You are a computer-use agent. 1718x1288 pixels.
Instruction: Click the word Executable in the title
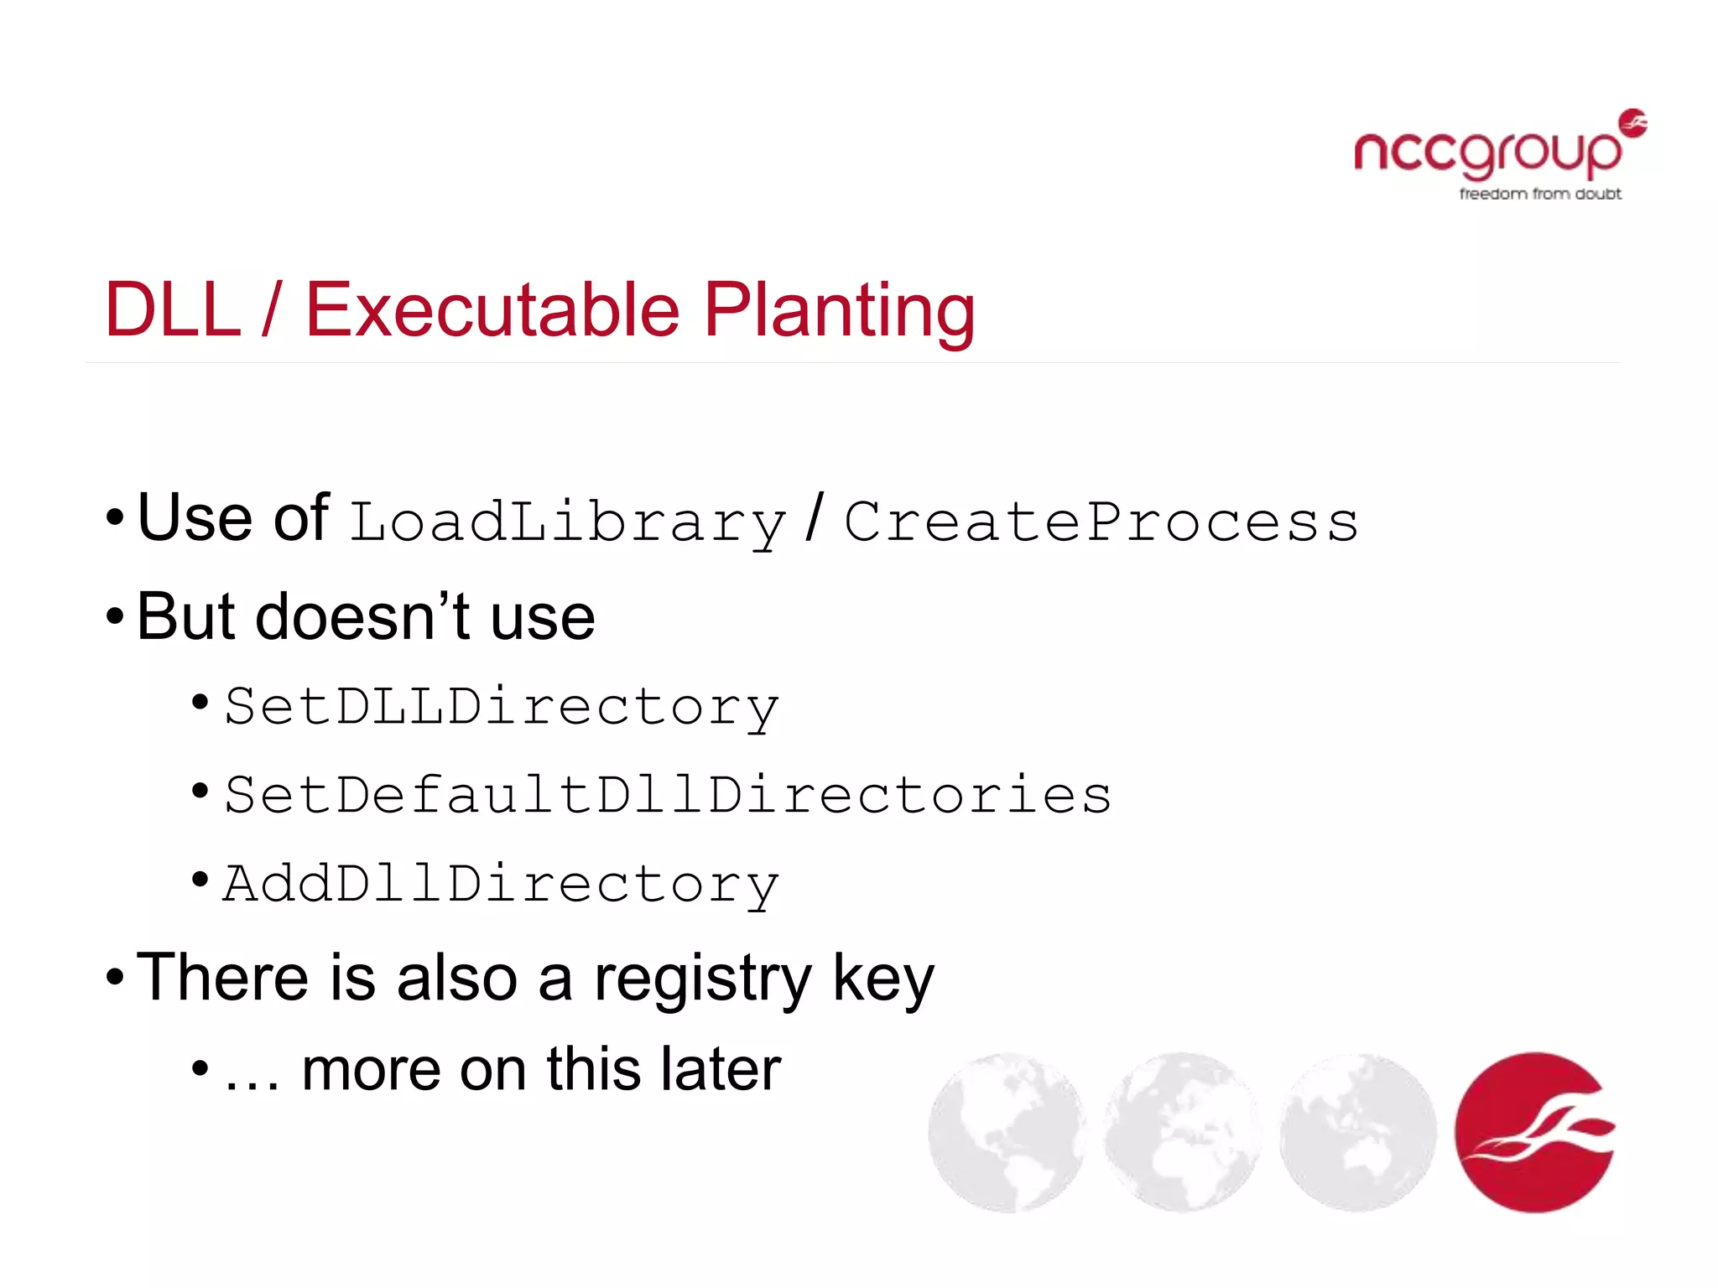492,310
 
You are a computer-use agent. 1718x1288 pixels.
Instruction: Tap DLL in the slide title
173,310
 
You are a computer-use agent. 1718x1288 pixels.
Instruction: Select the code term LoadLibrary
568,522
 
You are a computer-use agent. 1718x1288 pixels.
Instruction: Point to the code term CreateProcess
1101,522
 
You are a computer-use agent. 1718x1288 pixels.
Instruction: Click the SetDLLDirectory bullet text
502,707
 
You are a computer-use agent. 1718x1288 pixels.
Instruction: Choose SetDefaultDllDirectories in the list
668,795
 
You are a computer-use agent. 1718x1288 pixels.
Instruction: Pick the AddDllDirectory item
502,884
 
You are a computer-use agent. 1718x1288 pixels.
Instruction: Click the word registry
703,979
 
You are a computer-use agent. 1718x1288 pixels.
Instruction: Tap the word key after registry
882,979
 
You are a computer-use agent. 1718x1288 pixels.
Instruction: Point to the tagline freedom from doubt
1540,195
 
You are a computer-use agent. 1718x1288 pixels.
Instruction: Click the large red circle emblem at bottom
1534,1132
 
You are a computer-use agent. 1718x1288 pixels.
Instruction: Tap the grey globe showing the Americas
1007,1132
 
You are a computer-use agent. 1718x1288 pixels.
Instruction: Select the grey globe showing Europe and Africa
1183,1132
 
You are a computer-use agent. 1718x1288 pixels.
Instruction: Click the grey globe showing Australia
1358,1132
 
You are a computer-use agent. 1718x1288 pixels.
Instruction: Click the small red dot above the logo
1632,122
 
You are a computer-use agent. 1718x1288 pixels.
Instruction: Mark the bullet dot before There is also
115,978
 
